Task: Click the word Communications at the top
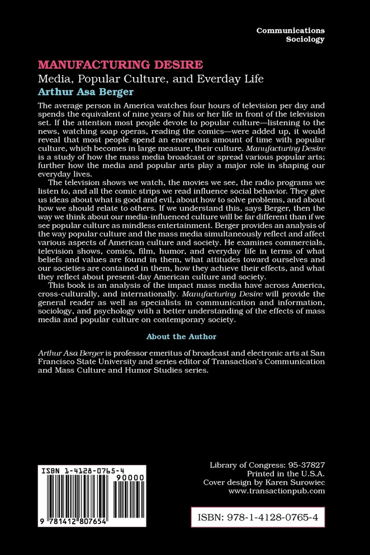click(x=290, y=30)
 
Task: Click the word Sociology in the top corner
click(x=305, y=40)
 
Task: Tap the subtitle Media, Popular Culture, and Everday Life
click(x=158, y=78)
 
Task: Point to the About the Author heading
click(x=181, y=336)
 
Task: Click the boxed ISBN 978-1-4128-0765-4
click(x=258, y=518)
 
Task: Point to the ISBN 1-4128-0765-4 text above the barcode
click(x=89, y=472)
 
